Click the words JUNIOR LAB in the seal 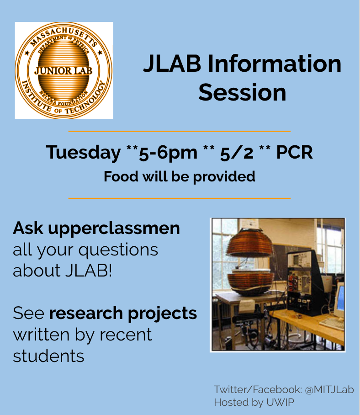tap(63, 71)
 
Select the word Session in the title tap(242, 92)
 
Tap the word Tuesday tap(83, 153)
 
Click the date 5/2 tap(237, 153)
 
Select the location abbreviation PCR tap(294, 153)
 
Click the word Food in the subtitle tap(121, 176)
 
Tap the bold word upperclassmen tap(114, 229)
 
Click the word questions tap(118, 250)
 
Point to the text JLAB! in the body tap(89, 271)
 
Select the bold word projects tap(162, 314)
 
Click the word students tap(48, 356)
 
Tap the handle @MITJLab tap(329, 389)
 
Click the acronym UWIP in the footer tap(280, 402)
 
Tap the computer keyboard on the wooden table tap(332, 324)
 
